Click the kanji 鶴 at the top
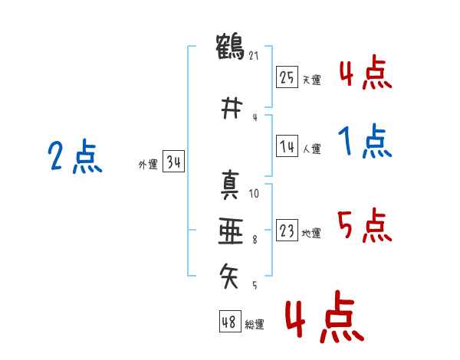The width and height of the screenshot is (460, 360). pos(230,47)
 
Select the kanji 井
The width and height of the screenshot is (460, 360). pos(232,108)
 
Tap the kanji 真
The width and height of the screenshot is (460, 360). pos(230,185)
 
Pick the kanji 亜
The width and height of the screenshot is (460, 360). pos(231,231)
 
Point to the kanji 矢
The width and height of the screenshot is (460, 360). pos(229,276)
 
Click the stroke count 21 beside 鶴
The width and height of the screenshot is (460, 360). pos(254,55)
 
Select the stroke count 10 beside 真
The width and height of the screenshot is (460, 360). pos(254,194)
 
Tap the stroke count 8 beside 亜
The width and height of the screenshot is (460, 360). pos(255,240)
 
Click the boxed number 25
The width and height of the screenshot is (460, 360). pos(287,77)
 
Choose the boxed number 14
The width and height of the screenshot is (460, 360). pos(287,146)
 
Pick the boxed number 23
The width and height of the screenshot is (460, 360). pos(287,230)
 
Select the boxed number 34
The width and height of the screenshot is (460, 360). pos(173,161)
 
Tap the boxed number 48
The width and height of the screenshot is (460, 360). pos(230,321)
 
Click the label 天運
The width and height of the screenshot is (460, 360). pos(312,80)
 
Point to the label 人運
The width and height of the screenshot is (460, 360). pos(312,149)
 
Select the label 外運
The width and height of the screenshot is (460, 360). pos(148,165)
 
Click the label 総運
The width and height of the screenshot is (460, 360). pos(255,325)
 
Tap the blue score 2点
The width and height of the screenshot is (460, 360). pos(75,156)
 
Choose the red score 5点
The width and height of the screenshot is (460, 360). pos(365,225)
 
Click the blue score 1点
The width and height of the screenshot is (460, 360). pos(365,141)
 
